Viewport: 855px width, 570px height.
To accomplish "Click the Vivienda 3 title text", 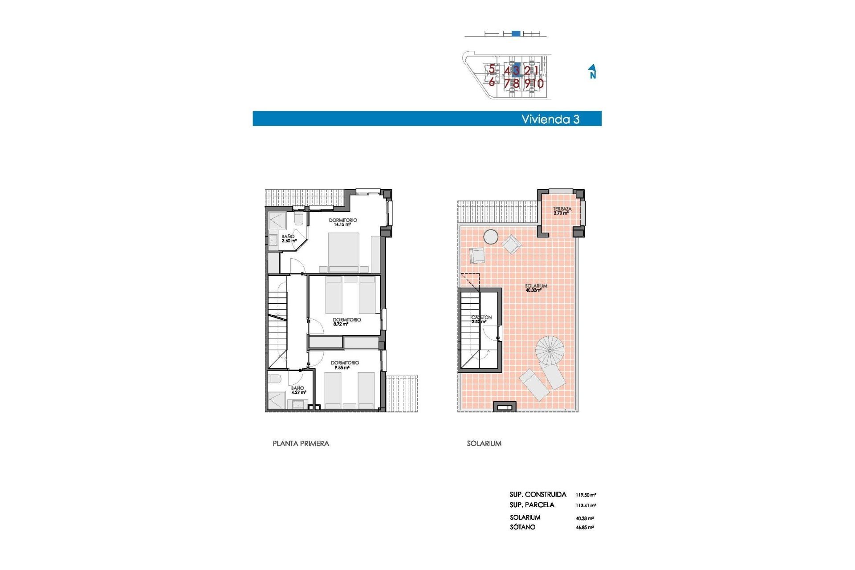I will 550,119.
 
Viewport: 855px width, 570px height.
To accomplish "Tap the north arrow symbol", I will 592,71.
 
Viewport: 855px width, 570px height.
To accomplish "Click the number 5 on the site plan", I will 492,69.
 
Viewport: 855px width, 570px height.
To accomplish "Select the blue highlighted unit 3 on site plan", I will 516,70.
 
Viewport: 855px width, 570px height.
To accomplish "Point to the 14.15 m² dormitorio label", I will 342,222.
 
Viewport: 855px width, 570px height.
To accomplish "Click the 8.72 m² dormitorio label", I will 346,322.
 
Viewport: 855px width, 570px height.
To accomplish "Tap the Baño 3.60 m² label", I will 289,239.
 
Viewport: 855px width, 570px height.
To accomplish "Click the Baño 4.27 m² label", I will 298,390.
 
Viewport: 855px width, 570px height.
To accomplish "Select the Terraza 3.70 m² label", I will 562,211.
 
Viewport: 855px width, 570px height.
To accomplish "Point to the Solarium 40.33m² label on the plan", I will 535,288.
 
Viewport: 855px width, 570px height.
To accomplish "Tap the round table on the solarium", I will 491,237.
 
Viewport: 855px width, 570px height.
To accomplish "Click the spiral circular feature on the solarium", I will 550,350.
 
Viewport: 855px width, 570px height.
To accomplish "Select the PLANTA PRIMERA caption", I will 301,444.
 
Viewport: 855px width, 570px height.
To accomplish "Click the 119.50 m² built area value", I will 586,495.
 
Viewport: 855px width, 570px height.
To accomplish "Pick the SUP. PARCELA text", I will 532,505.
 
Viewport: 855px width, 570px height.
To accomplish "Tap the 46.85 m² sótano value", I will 584,527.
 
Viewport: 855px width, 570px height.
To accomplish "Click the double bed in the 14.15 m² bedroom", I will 343,252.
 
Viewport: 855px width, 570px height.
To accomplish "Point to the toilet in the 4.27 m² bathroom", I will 275,379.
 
